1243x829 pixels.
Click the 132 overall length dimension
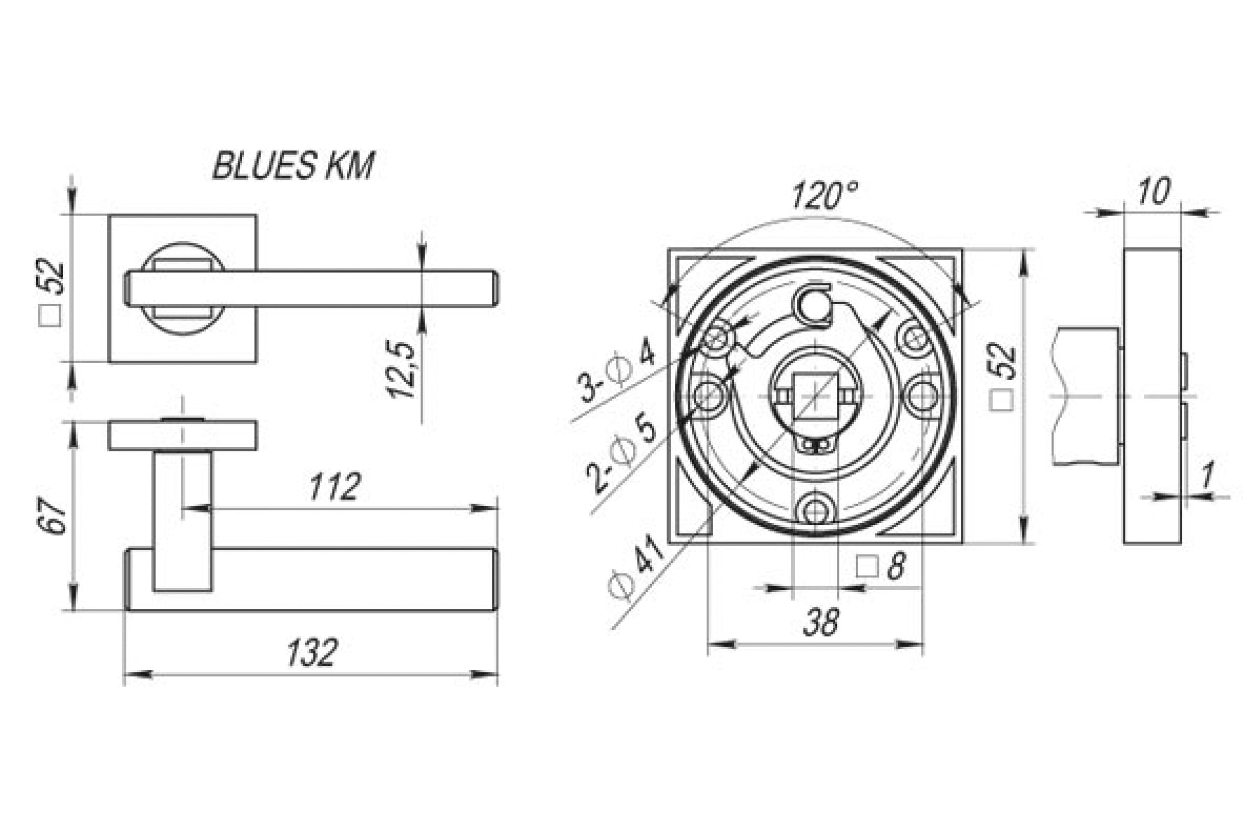[312, 652]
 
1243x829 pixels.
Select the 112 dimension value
[335, 487]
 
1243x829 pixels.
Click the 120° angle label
[825, 195]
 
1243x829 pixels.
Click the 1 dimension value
[1207, 475]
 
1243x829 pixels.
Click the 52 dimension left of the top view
[51, 292]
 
